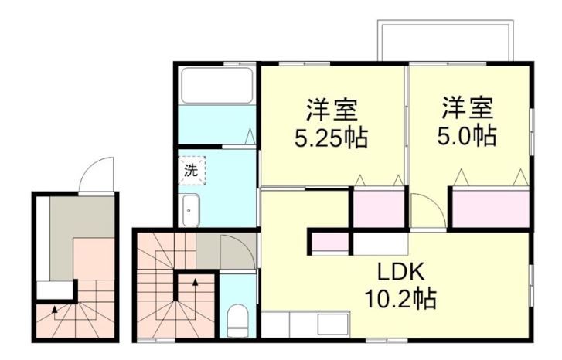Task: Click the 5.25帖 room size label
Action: tap(331, 138)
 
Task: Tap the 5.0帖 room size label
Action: tap(467, 136)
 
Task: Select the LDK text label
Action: tap(401, 273)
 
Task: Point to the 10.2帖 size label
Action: tap(400, 298)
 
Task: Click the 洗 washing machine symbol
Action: tap(192, 171)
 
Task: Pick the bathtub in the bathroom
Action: tap(217, 86)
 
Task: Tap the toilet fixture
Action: tap(237, 321)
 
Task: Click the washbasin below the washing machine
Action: tap(191, 210)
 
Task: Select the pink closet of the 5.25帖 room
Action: tap(380, 209)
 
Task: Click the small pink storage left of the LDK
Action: tap(330, 243)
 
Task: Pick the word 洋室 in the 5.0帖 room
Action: tap(468, 107)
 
